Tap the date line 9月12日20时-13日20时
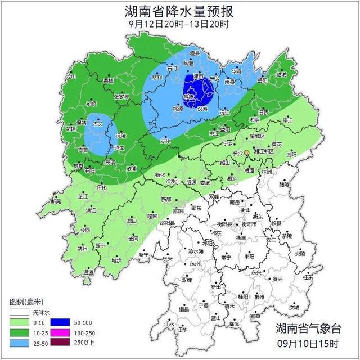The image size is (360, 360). tap(178, 24)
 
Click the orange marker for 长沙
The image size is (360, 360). tap(246, 152)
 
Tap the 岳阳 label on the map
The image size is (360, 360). tap(262, 80)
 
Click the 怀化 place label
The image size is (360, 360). tap(101, 187)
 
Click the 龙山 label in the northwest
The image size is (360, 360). tap(70, 76)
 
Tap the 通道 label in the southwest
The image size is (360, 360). tap(89, 272)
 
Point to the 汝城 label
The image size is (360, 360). tap(294, 307)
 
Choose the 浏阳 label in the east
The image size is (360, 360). tap(291, 154)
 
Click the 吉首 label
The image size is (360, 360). tap(83, 150)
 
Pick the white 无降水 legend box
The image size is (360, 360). tap(19, 312)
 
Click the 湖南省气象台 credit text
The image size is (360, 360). tap(308, 329)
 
